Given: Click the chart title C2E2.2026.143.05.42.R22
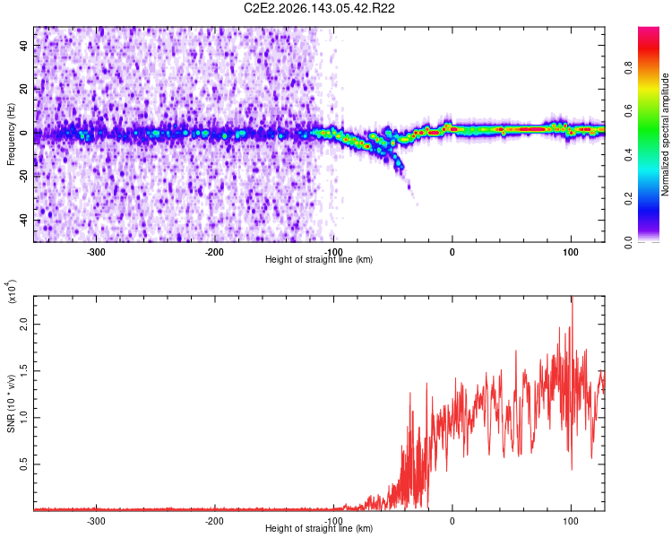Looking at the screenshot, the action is pyautogui.click(x=319, y=8).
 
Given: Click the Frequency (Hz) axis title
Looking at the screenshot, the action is pyautogui.click(x=11, y=134).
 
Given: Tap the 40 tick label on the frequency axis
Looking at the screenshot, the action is pyautogui.click(x=23, y=45).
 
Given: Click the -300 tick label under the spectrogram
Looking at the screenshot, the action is pyautogui.click(x=96, y=252).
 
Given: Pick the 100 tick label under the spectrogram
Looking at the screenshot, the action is pyautogui.click(x=571, y=252).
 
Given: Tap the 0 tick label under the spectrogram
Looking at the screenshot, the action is pyautogui.click(x=452, y=252).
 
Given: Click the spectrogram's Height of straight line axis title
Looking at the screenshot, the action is pyautogui.click(x=319, y=259).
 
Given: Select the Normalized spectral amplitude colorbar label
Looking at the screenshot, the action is pyautogui.click(x=665, y=134).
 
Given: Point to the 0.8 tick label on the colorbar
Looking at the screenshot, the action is pyautogui.click(x=628, y=68).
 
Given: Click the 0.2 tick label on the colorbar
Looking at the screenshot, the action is pyautogui.click(x=628, y=199).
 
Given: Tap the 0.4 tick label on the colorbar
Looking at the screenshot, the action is pyautogui.click(x=628, y=155).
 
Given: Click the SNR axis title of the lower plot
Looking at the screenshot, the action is pyautogui.click(x=11, y=403).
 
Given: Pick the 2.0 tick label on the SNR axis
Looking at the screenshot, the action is pyautogui.click(x=23, y=325).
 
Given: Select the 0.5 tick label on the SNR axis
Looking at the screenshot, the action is pyautogui.click(x=23, y=464).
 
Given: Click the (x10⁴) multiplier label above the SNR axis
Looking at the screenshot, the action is pyautogui.click(x=11, y=291).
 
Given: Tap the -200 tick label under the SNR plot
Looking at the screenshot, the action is pyautogui.click(x=214, y=521).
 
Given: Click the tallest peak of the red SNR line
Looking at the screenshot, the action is pyautogui.click(x=572, y=297).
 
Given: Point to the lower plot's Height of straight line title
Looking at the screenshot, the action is pyautogui.click(x=319, y=528).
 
